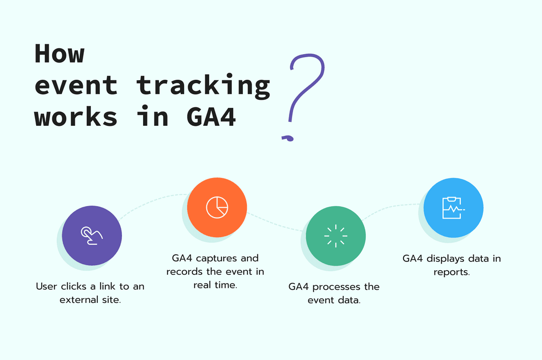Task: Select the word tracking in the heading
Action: (203, 85)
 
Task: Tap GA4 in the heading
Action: (211, 117)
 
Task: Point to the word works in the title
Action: (76, 117)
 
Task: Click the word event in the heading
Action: (76, 85)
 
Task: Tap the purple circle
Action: (92, 235)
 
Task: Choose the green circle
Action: (336, 235)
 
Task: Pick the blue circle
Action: (454, 207)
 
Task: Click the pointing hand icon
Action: (92, 235)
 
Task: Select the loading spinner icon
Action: (336, 235)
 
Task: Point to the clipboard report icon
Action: (453, 207)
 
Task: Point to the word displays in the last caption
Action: (445, 259)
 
